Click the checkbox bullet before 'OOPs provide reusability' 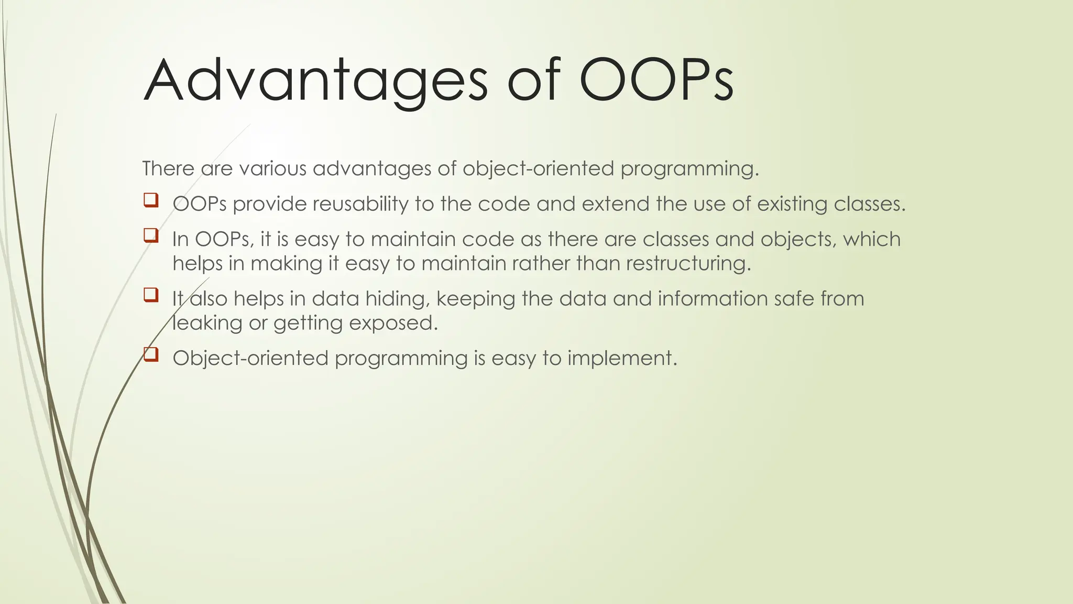coord(150,200)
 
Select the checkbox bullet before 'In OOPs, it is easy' coord(150,235)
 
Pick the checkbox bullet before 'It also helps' coord(150,295)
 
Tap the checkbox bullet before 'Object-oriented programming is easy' coord(150,354)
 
